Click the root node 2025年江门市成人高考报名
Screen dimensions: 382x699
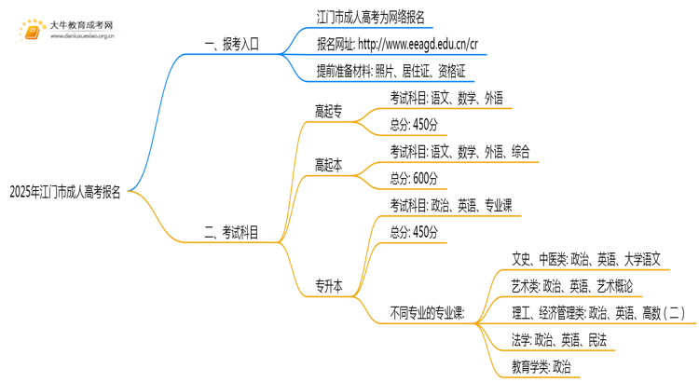(x=64, y=193)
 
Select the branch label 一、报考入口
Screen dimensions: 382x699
(x=231, y=44)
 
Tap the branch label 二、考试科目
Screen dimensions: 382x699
(x=231, y=232)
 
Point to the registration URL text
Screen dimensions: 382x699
(x=397, y=44)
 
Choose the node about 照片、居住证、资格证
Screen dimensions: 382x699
(x=391, y=71)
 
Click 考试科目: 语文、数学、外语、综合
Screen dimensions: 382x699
(x=459, y=151)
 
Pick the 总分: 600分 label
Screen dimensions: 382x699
(x=414, y=178)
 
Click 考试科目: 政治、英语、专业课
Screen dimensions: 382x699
(x=450, y=205)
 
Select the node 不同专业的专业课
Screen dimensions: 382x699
(x=428, y=313)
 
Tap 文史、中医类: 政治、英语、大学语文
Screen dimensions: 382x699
(x=586, y=259)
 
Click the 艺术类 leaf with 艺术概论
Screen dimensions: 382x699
(x=572, y=286)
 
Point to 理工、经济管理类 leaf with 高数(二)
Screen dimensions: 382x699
(x=597, y=313)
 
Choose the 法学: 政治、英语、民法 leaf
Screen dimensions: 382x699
(x=558, y=340)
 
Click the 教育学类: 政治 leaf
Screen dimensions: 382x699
(x=541, y=367)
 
